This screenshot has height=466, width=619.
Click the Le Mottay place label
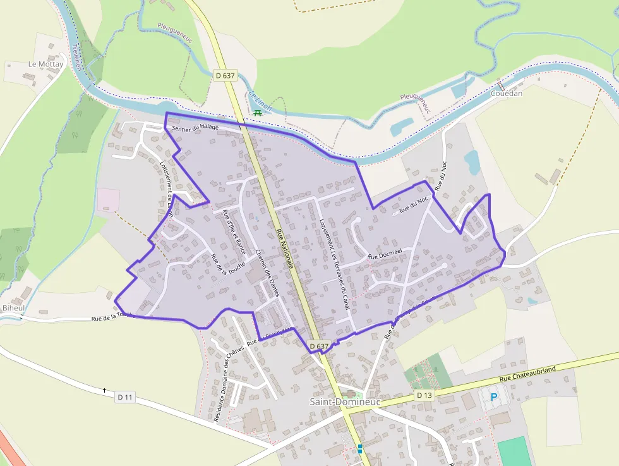pos(46,64)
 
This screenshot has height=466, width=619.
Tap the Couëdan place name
pos(507,93)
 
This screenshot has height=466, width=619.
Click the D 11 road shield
pos(125,397)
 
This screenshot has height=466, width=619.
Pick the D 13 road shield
pos(424,395)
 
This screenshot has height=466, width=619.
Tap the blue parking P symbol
pos(494,397)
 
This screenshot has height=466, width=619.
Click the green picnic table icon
pos(257,113)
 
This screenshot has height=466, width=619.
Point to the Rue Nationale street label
pos(285,248)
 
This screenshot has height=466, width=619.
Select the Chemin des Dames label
pos(268,272)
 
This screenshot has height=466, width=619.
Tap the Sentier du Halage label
pos(195,127)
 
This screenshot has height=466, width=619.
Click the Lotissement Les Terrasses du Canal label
pos(334,265)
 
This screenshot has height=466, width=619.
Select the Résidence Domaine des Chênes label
pos(221,385)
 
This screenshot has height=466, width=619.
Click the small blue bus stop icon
pos(360,449)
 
